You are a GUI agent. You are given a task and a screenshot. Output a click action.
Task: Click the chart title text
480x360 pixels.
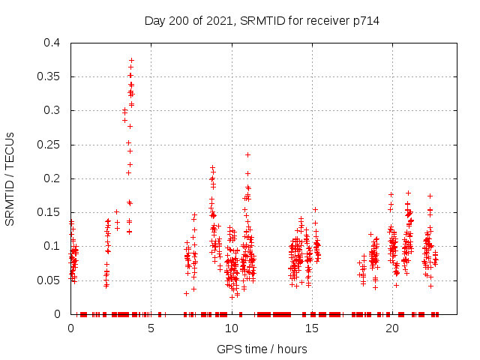click(262, 21)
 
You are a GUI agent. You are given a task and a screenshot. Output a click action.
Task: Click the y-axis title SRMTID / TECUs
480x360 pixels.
click(10, 178)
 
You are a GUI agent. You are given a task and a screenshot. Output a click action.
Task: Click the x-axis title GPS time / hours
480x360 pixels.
click(262, 349)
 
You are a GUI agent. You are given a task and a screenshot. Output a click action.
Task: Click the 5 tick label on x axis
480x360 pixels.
click(151, 328)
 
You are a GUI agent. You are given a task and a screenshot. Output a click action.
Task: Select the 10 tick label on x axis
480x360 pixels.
click(231, 328)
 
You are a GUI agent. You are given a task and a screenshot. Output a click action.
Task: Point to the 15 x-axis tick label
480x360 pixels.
click(311, 328)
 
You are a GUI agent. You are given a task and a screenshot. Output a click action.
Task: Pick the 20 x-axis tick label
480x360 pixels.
click(391, 328)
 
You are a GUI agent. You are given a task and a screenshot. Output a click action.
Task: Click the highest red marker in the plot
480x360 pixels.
click(131, 60)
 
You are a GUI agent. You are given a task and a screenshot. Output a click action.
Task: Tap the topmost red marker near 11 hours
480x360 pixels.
click(247, 154)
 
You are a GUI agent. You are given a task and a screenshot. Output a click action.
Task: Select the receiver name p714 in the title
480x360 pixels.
click(365, 21)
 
